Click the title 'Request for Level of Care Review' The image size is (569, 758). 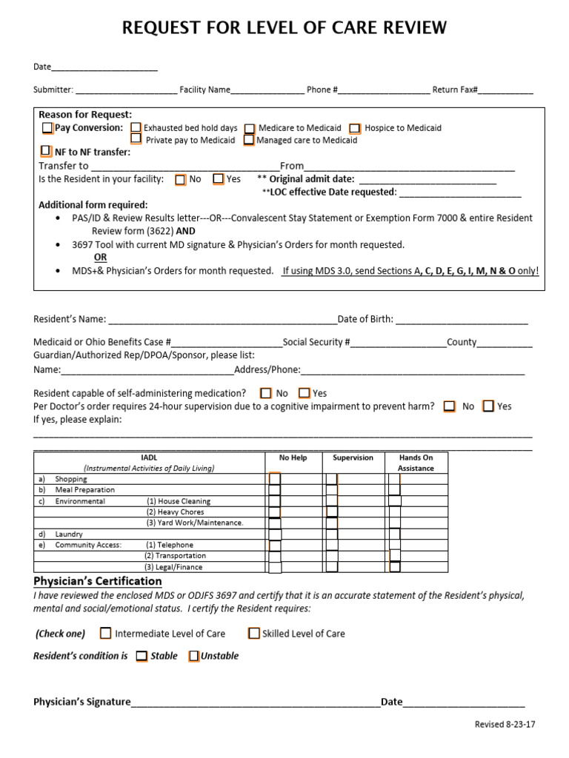[x=284, y=28]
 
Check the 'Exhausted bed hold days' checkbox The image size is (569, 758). [x=136, y=128]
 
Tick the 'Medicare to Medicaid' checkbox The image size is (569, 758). [x=250, y=128]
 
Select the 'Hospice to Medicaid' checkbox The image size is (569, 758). [x=356, y=128]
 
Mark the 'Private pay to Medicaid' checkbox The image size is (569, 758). [x=136, y=139]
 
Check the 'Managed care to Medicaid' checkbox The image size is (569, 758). [x=249, y=140]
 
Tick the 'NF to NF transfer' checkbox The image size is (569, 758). [x=47, y=152]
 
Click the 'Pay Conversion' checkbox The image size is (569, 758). [x=47, y=128]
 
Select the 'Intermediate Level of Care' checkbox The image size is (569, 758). [x=105, y=633]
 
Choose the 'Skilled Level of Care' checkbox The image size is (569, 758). [x=254, y=633]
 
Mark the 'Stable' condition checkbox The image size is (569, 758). [x=142, y=656]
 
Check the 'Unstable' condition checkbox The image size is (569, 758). [x=193, y=656]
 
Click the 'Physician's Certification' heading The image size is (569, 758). [x=98, y=581]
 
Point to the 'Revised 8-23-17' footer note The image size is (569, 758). [x=505, y=724]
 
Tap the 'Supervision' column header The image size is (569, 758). [x=353, y=457]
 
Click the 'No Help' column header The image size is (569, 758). [x=293, y=457]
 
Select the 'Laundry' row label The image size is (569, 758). [x=69, y=534]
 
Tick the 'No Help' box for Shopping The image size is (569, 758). [x=275, y=479]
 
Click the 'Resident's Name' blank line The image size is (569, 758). [x=222, y=320]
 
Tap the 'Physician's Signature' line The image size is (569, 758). [x=256, y=702]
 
